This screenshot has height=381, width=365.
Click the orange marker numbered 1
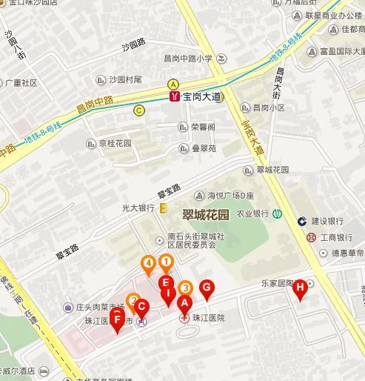[167, 262]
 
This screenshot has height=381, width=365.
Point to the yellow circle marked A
[173, 84]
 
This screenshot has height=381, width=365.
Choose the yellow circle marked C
[138, 110]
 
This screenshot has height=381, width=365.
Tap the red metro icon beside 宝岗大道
[173, 96]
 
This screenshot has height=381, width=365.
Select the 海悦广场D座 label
[230, 195]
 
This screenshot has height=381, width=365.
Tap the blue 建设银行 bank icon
[303, 221]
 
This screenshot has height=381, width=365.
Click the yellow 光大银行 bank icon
[164, 210]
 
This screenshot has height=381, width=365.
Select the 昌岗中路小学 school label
[188, 57]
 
